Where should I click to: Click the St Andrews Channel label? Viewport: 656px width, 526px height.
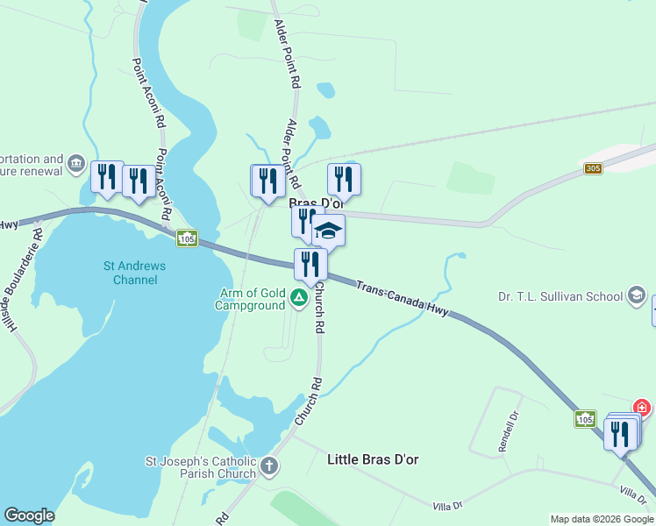click(x=135, y=273)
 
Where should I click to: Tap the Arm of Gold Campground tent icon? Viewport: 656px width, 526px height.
click(x=299, y=299)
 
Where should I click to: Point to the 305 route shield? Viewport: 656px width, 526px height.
click(x=594, y=168)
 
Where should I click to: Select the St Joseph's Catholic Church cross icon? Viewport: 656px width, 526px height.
click(x=269, y=466)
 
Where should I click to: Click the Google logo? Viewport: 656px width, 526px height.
click(x=29, y=515)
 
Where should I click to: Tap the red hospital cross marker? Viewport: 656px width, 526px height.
click(x=642, y=409)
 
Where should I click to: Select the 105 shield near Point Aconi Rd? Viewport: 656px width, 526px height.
click(x=186, y=238)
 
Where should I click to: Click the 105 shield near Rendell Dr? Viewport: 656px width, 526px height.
click(x=586, y=420)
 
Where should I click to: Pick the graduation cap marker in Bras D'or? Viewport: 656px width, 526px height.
click(x=329, y=231)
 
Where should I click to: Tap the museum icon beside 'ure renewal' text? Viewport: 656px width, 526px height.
click(x=76, y=164)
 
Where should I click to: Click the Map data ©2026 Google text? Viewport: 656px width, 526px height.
click(x=603, y=519)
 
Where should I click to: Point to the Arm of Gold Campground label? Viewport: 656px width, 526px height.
click(x=251, y=299)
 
